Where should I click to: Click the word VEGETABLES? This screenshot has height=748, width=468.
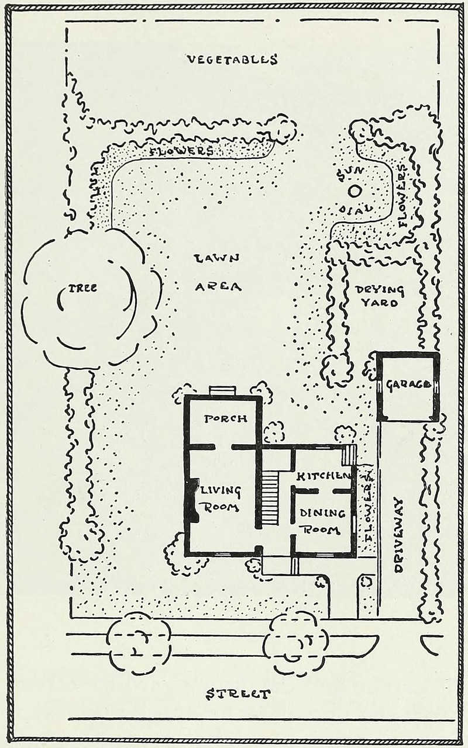(x=232, y=59)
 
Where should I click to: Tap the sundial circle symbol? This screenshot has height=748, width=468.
(x=354, y=191)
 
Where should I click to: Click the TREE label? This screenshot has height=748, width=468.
(x=82, y=288)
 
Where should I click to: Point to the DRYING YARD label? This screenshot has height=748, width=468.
(x=380, y=296)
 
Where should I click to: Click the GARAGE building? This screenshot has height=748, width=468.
(x=408, y=386)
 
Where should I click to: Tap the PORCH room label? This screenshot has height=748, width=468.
(x=225, y=418)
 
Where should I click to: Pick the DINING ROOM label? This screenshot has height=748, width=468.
(x=322, y=521)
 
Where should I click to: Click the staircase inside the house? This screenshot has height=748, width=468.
(x=270, y=498)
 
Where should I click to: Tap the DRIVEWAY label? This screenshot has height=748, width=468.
(x=399, y=535)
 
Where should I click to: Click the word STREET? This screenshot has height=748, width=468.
(x=239, y=694)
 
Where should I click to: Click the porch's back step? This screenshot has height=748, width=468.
(x=222, y=391)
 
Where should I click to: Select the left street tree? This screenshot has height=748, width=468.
(x=138, y=643)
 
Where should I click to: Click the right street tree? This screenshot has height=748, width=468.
(x=295, y=643)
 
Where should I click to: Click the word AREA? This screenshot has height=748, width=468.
(x=218, y=286)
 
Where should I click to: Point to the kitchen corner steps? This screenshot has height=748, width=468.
(x=349, y=454)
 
